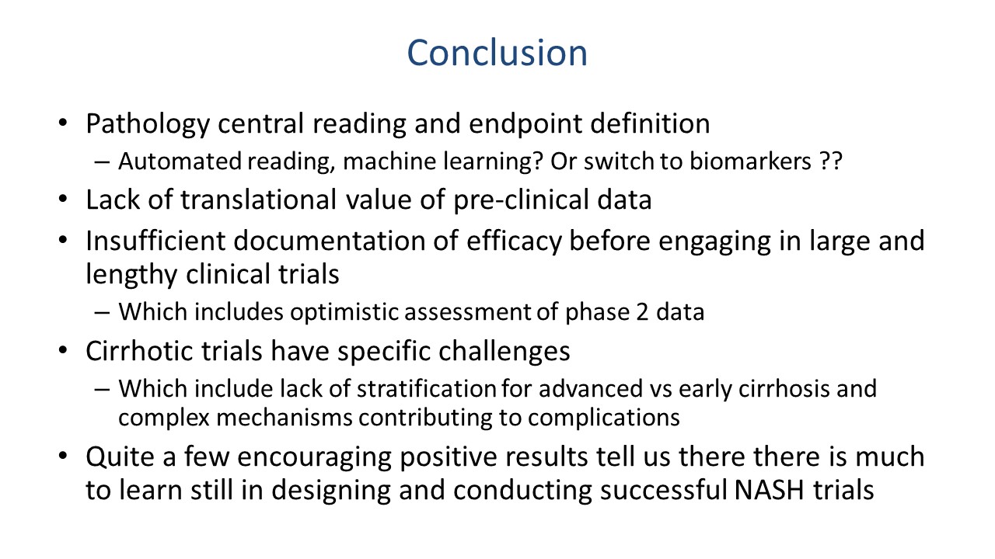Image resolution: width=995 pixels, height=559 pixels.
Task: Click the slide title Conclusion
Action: coord(497,53)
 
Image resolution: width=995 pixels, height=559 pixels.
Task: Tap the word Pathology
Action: coord(148,123)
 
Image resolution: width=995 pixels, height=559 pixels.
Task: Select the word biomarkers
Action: coord(750,161)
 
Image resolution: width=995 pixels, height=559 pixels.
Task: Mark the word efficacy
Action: coord(515,241)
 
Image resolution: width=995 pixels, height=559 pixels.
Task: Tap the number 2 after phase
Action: coord(642,312)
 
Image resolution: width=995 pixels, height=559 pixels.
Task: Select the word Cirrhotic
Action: coord(139,352)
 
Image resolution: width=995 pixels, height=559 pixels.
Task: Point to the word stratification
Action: coord(426,389)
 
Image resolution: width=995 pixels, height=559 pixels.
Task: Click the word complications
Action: coord(604,418)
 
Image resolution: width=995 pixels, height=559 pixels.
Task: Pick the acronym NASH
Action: coord(769,490)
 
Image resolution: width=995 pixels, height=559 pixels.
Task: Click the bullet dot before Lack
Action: coord(63,200)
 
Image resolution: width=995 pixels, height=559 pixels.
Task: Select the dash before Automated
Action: coord(102,162)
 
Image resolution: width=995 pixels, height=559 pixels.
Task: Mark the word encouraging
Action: coord(314,458)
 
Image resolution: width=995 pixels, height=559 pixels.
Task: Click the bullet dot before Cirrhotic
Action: coord(63,351)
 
